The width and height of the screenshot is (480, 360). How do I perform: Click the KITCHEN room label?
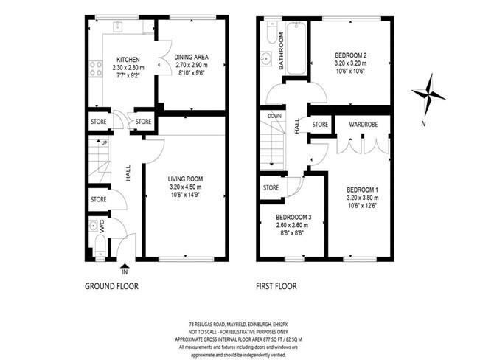click(x=128, y=60)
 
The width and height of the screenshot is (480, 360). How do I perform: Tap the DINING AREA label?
click(x=191, y=57)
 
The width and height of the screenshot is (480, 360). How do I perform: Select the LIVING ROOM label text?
click(x=185, y=179)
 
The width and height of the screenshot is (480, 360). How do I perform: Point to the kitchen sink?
click(x=117, y=27)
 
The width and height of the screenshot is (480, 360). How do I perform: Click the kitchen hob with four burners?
click(x=96, y=69)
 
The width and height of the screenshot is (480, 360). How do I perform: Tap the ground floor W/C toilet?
click(x=100, y=246)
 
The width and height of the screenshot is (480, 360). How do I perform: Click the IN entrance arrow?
click(x=125, y=266)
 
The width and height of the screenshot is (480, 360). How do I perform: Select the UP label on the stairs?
click(x=104, y=143)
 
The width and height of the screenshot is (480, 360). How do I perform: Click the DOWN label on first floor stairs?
click(x=274, y=116)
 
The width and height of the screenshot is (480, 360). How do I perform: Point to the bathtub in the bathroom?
click(x=296, y=48)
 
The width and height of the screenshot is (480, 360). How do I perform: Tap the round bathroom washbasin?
click(x=267, y=58)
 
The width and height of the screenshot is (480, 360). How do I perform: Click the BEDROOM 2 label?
click(x=350, y=55)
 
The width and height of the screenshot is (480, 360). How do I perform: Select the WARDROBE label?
click(x=363, y=125)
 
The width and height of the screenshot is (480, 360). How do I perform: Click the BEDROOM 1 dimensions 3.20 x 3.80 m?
click(x=363, y=198)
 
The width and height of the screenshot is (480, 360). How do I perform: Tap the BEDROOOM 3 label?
click(x=293, y=217)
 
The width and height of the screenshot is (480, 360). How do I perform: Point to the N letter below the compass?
click(x=423, y=124)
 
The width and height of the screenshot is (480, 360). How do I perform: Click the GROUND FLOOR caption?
click(x=111, y=286)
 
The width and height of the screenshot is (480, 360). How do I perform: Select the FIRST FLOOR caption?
click(x=276, y=286)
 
